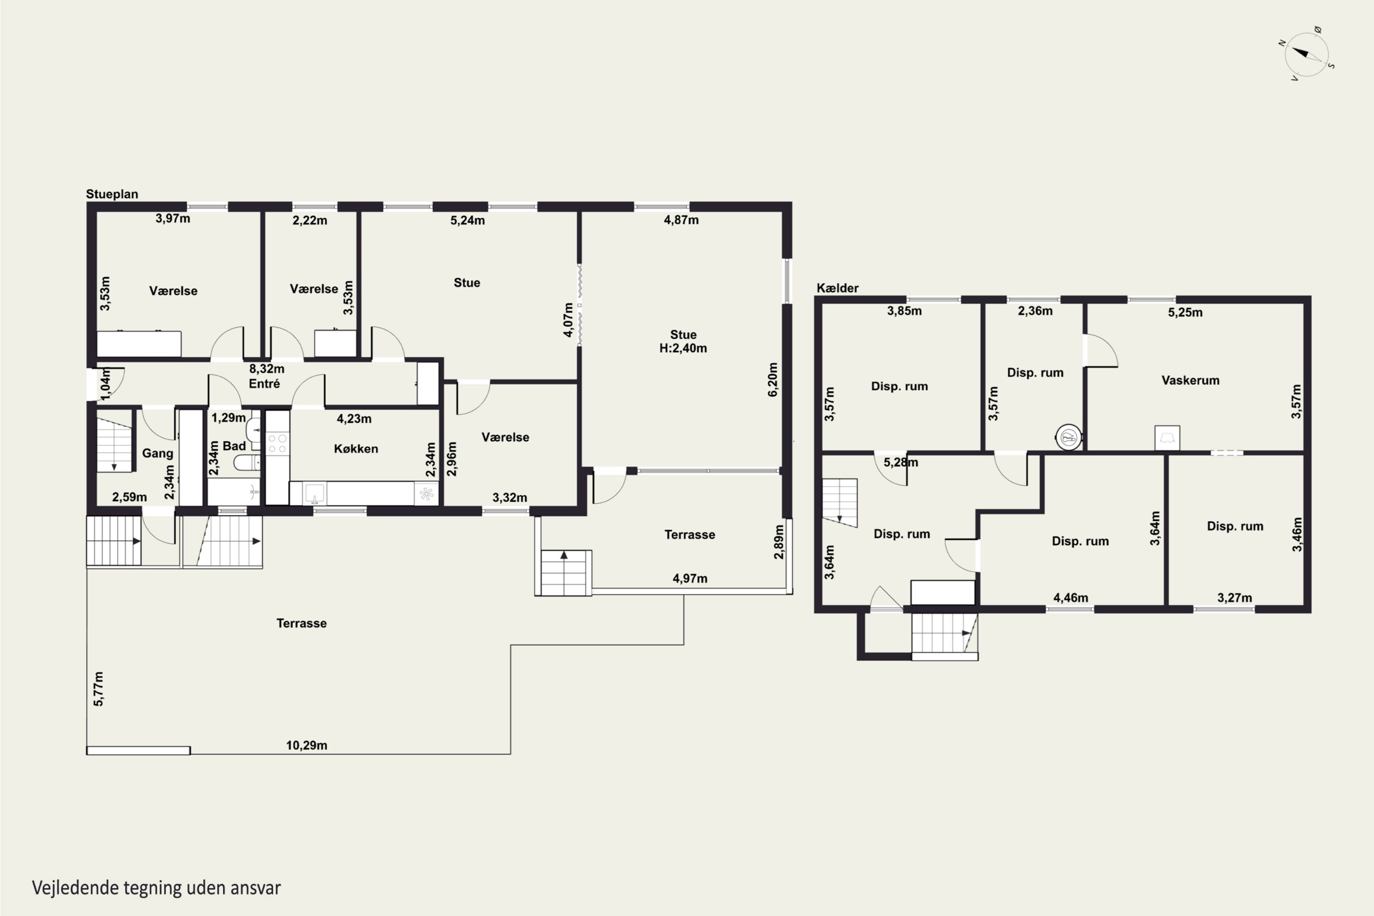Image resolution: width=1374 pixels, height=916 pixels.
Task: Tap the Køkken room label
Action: coord(356,449)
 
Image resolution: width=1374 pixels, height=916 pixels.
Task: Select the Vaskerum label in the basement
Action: coord(1190,380)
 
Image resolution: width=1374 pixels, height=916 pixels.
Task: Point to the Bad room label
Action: coord(234,446)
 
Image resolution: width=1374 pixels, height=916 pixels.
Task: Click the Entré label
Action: coord(264,383)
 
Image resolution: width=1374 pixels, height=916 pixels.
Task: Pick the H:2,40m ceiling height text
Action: coord(683,348)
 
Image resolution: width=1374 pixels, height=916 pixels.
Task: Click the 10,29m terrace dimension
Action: coord(306,746)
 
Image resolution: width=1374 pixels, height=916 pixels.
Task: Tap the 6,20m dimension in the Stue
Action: coord(773,380)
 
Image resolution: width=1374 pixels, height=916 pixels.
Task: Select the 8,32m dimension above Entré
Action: coord(267,369)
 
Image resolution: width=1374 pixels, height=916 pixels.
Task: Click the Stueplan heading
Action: coord(112,194)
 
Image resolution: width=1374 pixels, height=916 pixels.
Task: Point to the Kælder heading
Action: coord(837,288)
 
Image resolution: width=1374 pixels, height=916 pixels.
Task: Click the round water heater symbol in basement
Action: coord(1069,437)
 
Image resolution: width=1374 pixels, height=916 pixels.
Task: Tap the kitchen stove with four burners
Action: coord(278,443)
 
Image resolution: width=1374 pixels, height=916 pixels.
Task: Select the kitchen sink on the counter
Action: coord(315,494)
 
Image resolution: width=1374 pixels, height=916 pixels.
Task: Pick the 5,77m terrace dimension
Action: coord(99,689)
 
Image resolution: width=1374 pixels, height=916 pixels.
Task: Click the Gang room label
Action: coord(158,453)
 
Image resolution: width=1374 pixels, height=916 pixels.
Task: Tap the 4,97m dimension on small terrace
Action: coord(689,578)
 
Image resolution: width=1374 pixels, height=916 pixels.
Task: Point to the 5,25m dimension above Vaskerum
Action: coord(1185,312)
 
